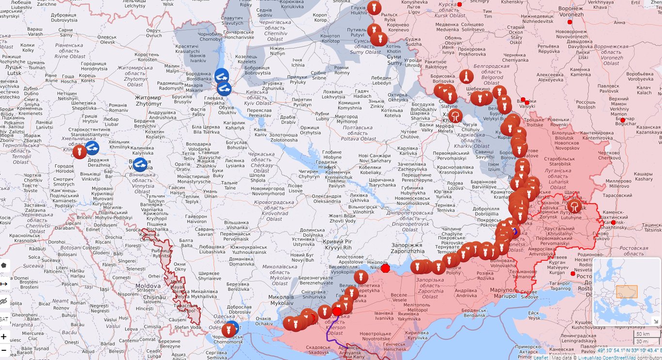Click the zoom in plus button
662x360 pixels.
(x=4, y=337)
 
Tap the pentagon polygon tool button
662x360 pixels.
(x=4, y=265)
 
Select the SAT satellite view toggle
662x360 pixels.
(x=3, y=319)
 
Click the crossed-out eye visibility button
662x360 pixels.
(x=4, y=301)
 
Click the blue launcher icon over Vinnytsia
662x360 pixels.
(x=140, y=164)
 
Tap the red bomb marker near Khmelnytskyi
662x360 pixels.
(x=79, y=152)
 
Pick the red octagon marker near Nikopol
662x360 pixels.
(x=385, y=268)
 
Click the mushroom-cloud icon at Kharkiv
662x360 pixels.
(x=456, y=116)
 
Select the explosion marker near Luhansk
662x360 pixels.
(x=574, y=206)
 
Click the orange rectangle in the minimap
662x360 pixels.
(x=627, y=291)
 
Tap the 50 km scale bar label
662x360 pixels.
(x=643, y=334)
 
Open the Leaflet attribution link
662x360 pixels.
(x=540, y=358)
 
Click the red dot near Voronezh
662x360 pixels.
(x=569, y=22)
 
